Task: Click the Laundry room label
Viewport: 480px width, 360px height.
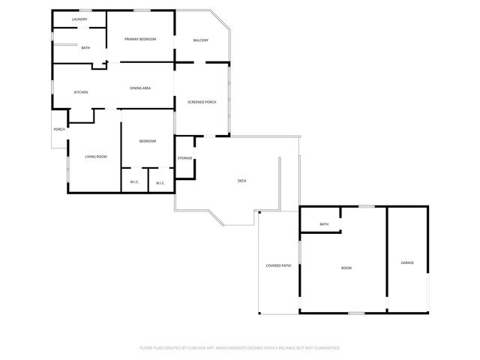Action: (79, 19)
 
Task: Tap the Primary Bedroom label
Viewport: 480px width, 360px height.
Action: (140, 39)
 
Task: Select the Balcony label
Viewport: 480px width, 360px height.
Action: (200, 40)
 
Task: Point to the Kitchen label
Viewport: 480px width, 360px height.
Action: (80, 92)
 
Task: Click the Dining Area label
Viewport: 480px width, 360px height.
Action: (140, 88)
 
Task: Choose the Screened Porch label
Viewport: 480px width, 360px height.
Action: (202, 102)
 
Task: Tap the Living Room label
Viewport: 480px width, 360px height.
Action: (95, 157)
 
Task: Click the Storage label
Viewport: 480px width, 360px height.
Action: (184, 158)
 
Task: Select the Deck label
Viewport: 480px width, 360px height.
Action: (241, 181)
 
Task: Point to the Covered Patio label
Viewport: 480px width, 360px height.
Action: (278, 266)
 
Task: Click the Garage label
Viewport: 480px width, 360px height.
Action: (407, 262)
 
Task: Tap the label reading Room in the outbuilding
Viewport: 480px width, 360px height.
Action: (346, 268)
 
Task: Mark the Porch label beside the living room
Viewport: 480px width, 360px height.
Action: (59, 129)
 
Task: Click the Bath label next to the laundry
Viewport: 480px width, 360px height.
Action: (85, 48)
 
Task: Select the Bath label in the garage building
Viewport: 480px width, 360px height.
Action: (324, 224)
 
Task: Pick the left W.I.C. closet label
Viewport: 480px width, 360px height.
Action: (134, 181)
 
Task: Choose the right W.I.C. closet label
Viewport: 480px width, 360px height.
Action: (160, 183)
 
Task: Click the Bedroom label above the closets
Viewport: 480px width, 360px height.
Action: (148, 141)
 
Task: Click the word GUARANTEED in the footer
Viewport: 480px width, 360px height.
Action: (324, 348)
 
